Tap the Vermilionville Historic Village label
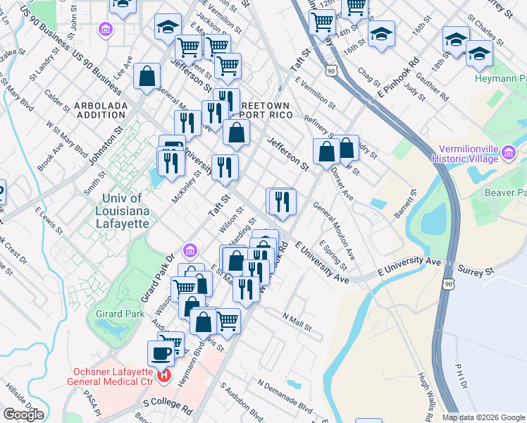pos(469,154)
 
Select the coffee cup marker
pos(161,352)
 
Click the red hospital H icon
pos(164,375)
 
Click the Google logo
pos(23,415)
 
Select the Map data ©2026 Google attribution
pos(483,417)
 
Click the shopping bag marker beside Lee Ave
pos(147,76)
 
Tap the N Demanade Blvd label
pos(285,396)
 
